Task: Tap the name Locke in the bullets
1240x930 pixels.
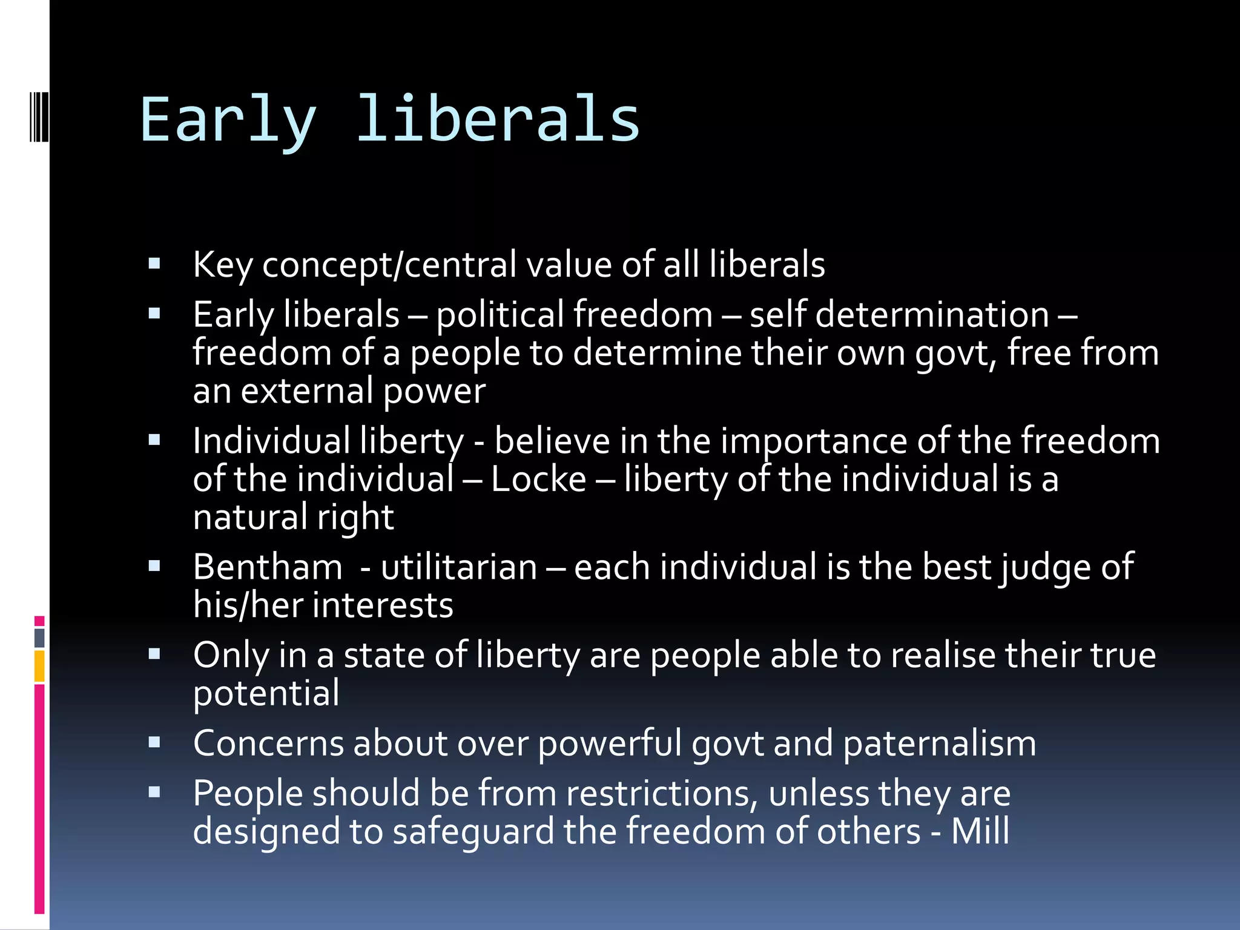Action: (538, 479)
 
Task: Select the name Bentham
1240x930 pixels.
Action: (268, 567)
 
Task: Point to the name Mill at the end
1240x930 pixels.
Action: (980, 831)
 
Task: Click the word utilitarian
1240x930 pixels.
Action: (459, 567)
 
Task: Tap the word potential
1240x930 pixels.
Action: (266, 693)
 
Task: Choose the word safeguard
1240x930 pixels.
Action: (473, 831)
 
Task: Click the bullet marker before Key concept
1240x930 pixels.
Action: (154, 264)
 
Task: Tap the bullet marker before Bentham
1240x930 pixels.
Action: (154, 566)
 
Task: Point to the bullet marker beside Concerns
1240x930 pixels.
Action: (154, 742)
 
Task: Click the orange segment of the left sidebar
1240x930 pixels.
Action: (39, 666)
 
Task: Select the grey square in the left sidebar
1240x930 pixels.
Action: (39, 638)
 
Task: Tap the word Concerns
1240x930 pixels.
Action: (268, 744)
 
